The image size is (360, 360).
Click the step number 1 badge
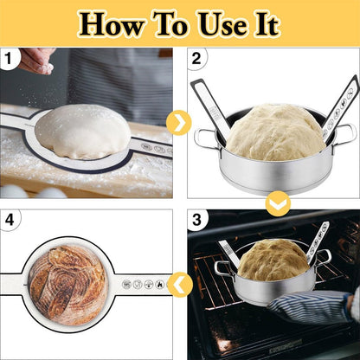coord(10,59)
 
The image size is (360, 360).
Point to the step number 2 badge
coord(196,59)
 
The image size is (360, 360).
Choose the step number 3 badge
coord(196,220)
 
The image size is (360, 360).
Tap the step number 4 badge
coord(10,220)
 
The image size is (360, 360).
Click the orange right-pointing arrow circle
coord(179,123)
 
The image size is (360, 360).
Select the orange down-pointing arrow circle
coord(276,204)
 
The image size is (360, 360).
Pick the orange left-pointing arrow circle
coord(180,284)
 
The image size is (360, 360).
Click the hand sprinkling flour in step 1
coord(37,58)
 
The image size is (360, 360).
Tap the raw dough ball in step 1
coord(82,131)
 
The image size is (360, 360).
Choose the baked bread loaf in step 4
coord(66,283)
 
